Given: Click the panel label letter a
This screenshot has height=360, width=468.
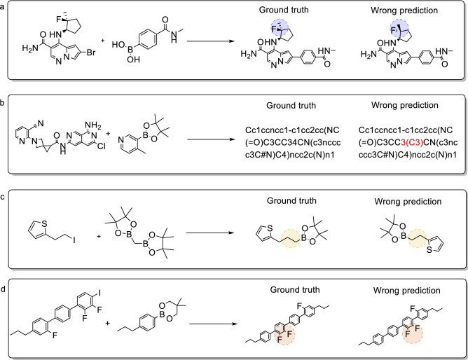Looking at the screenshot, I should click(5, 5).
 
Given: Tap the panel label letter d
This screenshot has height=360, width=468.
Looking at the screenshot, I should click(5, 273).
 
